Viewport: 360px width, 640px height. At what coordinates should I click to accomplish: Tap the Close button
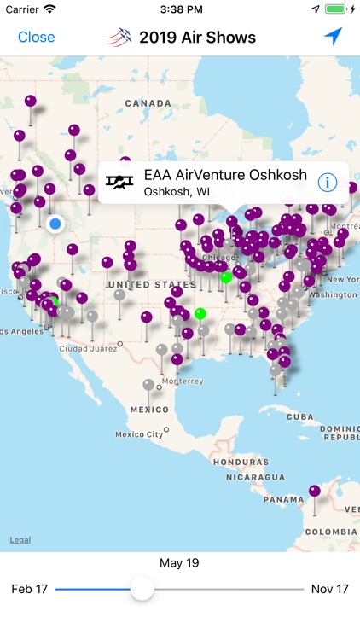click(x=37, y=37)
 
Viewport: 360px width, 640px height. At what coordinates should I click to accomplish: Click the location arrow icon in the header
click(x=332, y=37)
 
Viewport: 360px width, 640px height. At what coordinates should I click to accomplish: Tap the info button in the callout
click(x=327, y=183)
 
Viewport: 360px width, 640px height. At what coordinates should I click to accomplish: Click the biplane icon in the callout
click(x=120, y=183)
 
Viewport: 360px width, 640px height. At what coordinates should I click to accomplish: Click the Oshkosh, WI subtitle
click(x=177, y=192)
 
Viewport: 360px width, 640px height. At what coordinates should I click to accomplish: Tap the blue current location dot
click(x=56, y=224)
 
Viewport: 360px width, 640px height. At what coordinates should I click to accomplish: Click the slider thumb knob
click(x=142, y=588)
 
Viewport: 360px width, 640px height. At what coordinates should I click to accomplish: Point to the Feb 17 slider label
click(x=29, y=589)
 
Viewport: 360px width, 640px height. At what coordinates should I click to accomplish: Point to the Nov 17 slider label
click(x=331, y=589)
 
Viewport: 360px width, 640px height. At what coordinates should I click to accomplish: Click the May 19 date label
click(x=180, y=563)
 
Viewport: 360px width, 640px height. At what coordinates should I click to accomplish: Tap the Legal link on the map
click(x=20, y=540)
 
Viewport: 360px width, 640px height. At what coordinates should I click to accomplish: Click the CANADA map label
click(x=148, y=103)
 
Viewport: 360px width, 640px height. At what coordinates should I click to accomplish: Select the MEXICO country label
click(x=149, y=410)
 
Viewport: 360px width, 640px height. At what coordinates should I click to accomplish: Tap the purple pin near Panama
click(x=315, y=491)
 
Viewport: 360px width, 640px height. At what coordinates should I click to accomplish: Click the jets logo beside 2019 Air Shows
click(x=119, y=37)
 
